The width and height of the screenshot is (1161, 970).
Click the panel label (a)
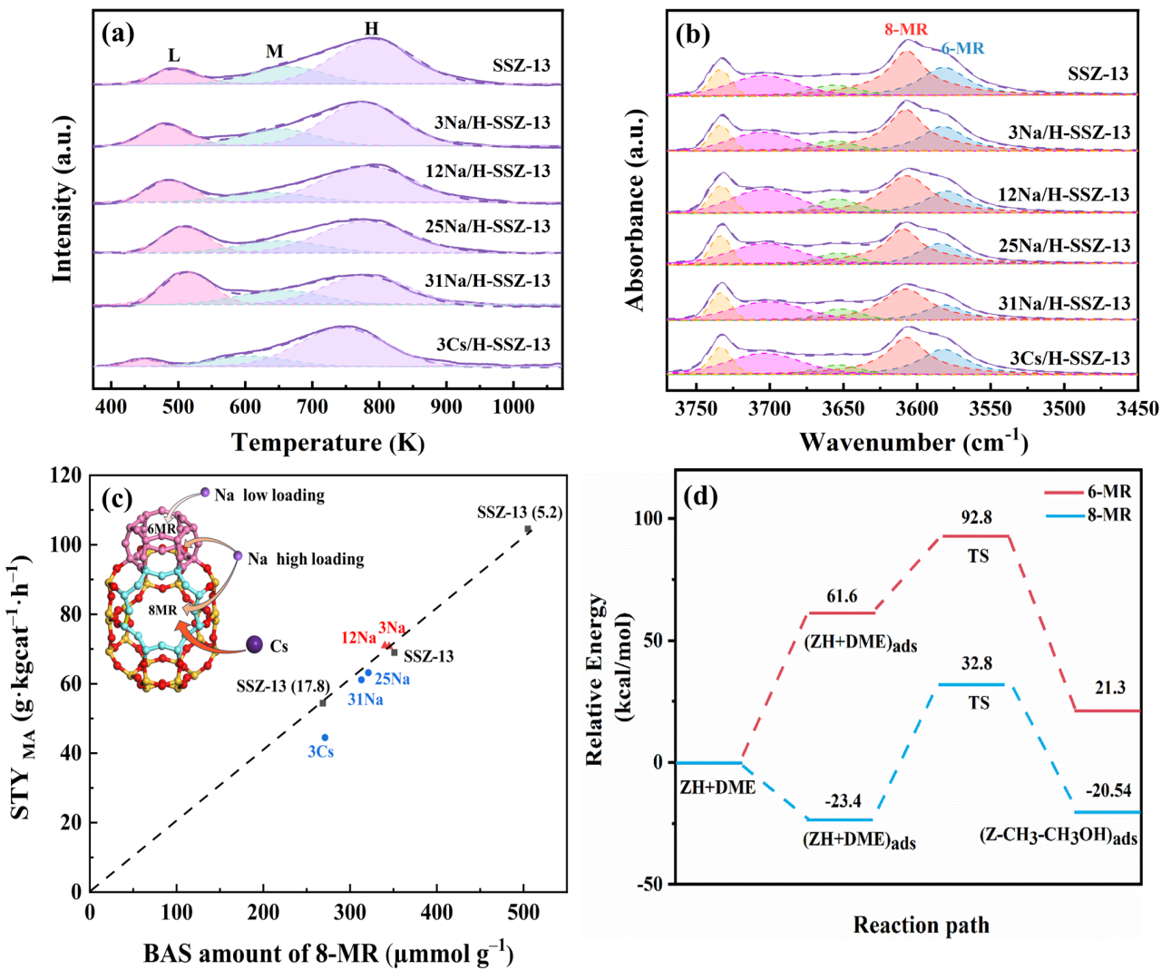click(x=119, y=34)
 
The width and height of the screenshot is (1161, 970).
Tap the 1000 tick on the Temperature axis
click(x=513, y=407)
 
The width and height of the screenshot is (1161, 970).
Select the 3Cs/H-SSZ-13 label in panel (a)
click(x=493, y=344)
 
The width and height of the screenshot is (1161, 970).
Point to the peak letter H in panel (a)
click(x=372, y=29)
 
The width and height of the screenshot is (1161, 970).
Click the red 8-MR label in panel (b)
click(x=906, y=30)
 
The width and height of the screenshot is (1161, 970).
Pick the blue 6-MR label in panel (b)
click(x=961, y=49)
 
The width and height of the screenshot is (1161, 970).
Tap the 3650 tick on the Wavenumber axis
click(x=843, y=408)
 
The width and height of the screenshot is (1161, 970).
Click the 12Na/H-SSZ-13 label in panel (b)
click(x=1064, y=194)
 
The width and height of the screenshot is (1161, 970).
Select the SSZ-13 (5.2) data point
click(x=528, y=529)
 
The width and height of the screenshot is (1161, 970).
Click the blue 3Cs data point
click(x=325, y=738)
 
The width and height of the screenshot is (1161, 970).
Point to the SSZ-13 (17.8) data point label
click(x=283, y=687)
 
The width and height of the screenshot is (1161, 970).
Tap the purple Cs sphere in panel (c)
click(x=255, y=645)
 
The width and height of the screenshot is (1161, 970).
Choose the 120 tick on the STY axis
click(x=66, y=475)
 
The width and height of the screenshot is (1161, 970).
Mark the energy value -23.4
click(x=843, y=802)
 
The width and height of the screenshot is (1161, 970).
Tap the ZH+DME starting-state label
click(x=717, y=788)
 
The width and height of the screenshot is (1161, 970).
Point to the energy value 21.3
click(x=1109, y=689)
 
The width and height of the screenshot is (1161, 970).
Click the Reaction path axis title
click(x=921, y=926)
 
